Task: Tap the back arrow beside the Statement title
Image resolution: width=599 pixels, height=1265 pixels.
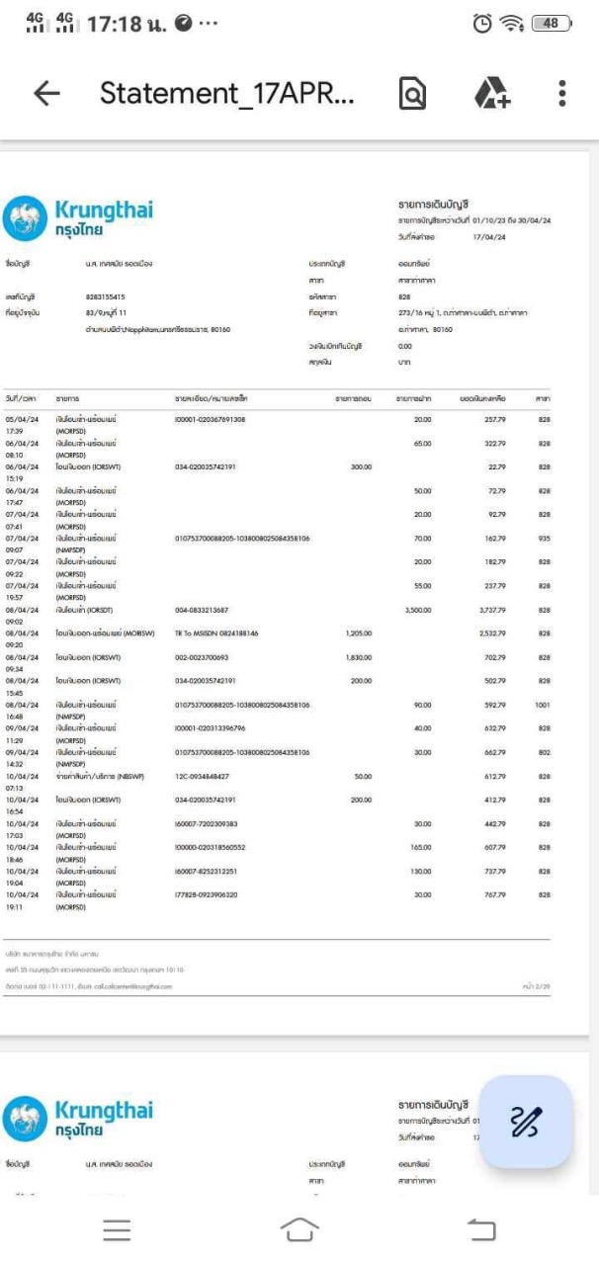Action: coord(46,93)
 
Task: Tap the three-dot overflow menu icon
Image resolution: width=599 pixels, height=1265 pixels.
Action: coord(561,93)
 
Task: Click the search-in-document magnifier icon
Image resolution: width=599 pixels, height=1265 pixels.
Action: coord(412,93)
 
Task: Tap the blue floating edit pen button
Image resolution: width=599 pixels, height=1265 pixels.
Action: coord(526,1122)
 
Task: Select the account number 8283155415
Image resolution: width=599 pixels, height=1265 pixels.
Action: coord(106,295)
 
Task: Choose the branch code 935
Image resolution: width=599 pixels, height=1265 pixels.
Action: coord(544,539)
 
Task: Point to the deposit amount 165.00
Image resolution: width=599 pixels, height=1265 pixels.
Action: coord(421,847)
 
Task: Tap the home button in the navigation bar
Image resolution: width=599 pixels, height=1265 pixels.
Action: coord(299,1228)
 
